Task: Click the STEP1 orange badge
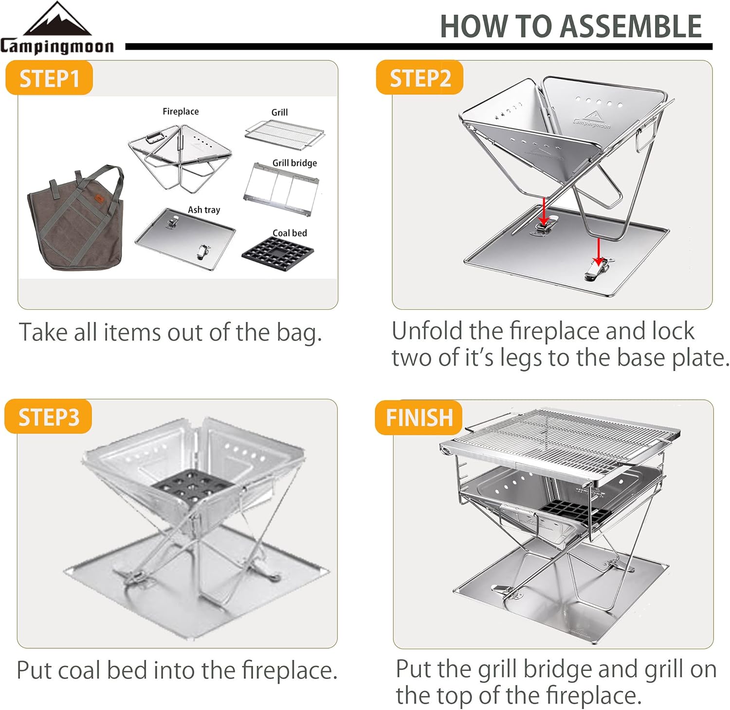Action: [49, 78]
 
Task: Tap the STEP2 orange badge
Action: [420, 78]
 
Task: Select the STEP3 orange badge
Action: [49, 417]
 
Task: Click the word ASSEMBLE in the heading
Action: [631, 27]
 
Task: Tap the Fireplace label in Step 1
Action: [181, 111]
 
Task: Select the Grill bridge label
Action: [294, 163]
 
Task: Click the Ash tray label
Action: [204, 210]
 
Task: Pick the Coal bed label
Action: [290, 233]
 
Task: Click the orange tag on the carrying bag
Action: [99, 198]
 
